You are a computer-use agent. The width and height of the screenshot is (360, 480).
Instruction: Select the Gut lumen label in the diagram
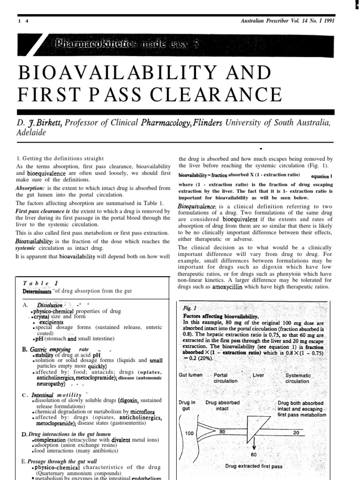[x=191, y=375]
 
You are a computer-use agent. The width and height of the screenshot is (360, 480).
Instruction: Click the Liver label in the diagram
[x=258, y=375]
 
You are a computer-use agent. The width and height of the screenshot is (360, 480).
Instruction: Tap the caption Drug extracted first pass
[x=254, y=467]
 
